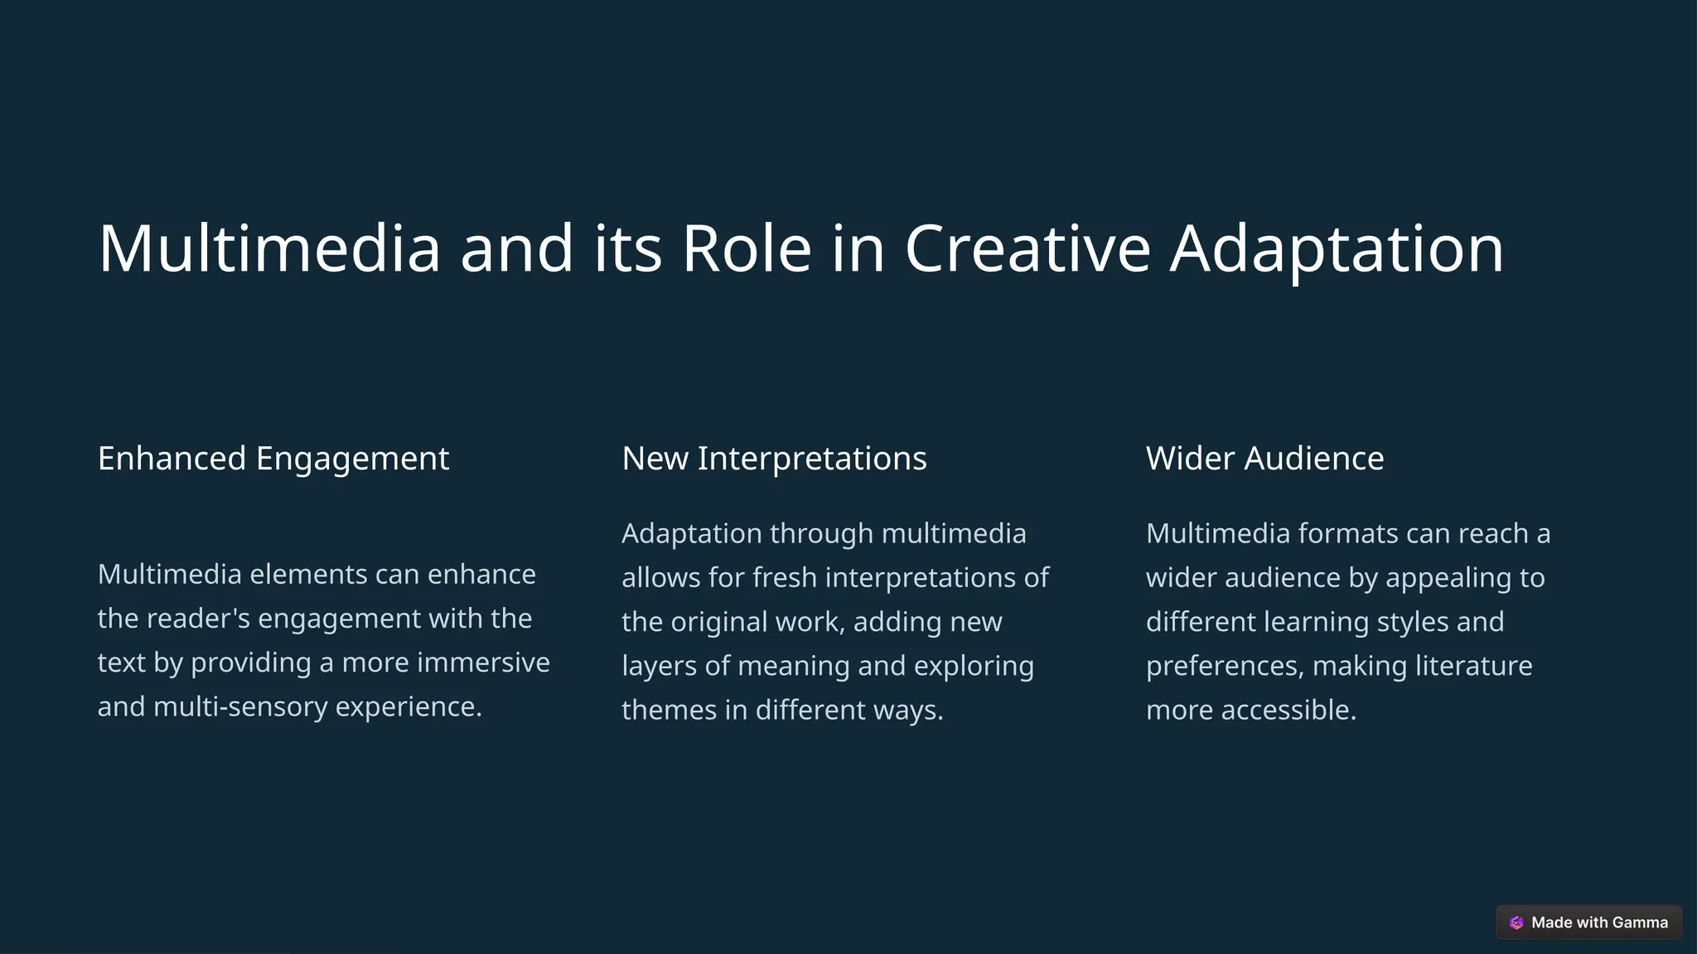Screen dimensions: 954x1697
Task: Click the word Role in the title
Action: tap(746, 248)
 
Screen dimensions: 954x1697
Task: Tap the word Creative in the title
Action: tap(1027, 248)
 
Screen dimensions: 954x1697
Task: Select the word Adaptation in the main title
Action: tap(1337, 248)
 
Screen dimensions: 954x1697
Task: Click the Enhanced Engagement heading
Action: tap(273, 458)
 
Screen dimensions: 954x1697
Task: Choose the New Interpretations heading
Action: tap(774, 458)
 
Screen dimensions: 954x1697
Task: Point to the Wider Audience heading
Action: tap(1264, 458)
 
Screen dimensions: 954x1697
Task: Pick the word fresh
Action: tap(780, 577)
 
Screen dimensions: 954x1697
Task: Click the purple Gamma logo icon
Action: tap(1516, 923)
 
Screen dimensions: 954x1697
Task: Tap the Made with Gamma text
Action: tap(1599, 923)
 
